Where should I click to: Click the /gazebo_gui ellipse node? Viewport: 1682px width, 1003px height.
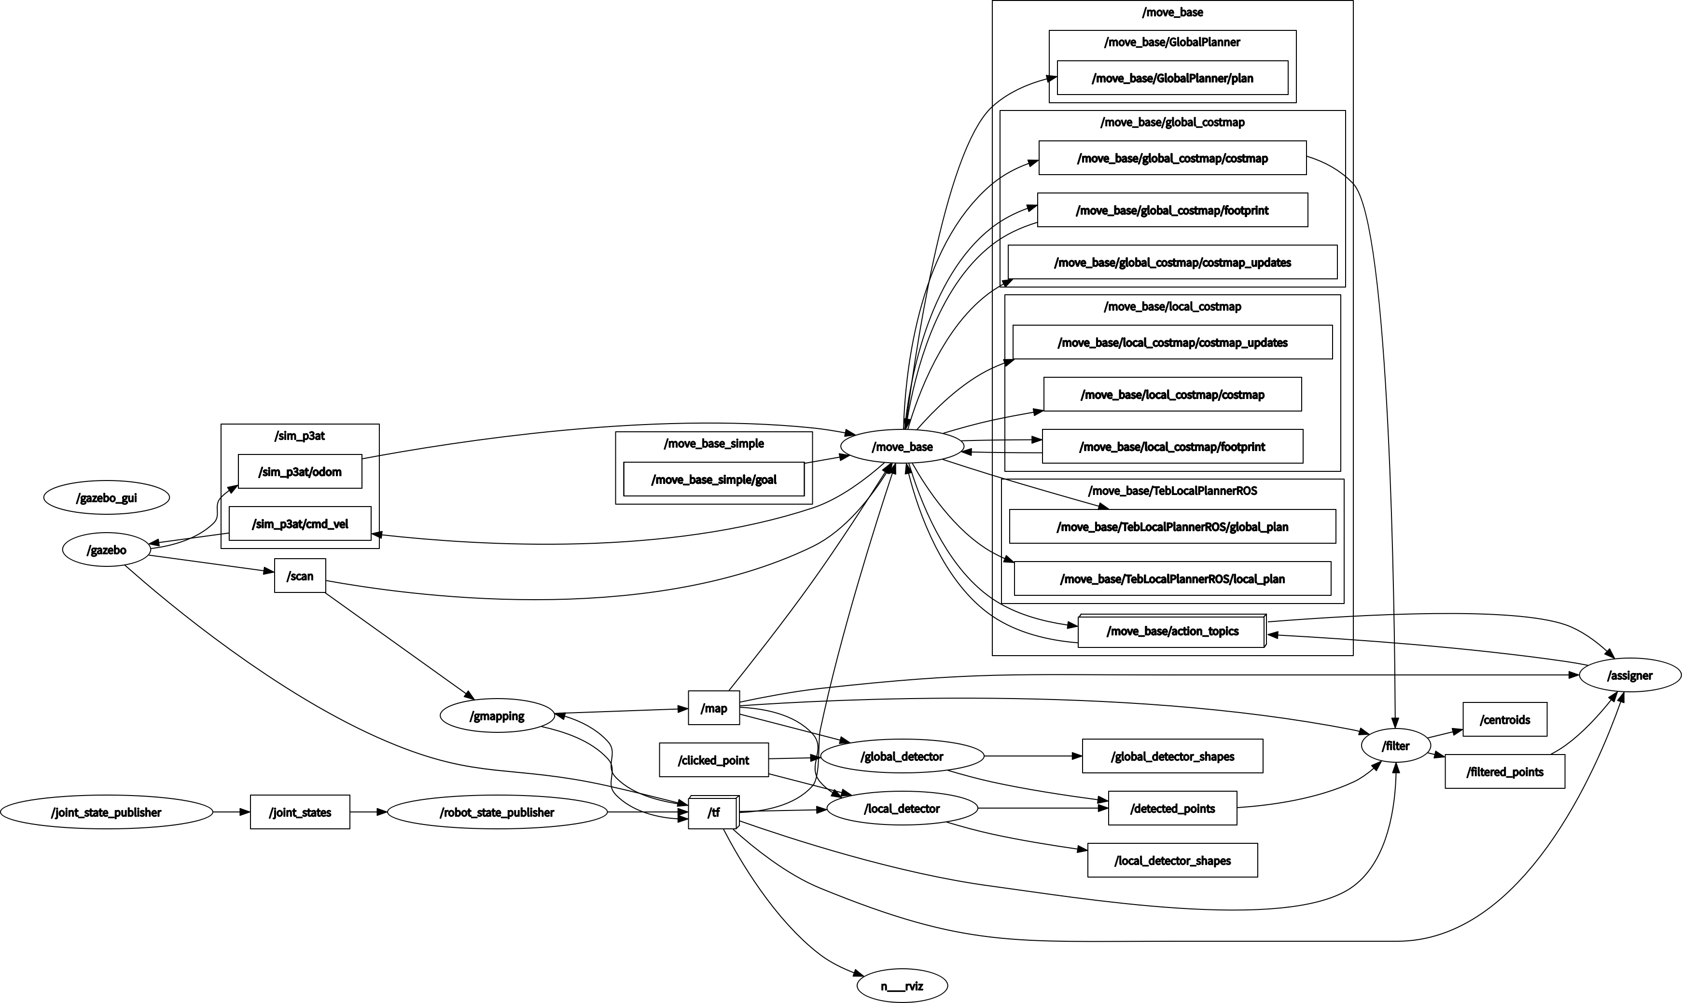106,498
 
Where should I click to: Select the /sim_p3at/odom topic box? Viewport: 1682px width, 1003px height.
300,472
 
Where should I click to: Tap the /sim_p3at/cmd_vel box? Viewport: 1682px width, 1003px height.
300,524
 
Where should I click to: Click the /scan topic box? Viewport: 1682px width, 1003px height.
300,576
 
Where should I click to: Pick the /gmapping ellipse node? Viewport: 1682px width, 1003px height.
497,716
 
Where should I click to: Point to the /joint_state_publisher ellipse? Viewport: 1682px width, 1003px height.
106,812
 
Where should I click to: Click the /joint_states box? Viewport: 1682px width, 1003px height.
300,812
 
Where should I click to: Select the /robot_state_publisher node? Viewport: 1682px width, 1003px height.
497,812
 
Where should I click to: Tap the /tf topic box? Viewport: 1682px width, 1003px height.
713,812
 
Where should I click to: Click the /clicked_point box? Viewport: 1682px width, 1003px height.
713,760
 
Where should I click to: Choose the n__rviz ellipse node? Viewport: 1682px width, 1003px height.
902,986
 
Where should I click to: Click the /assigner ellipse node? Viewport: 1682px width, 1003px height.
1629,675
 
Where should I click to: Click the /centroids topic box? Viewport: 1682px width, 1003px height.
1504,720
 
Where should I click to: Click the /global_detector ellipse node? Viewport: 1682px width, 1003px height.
902,756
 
